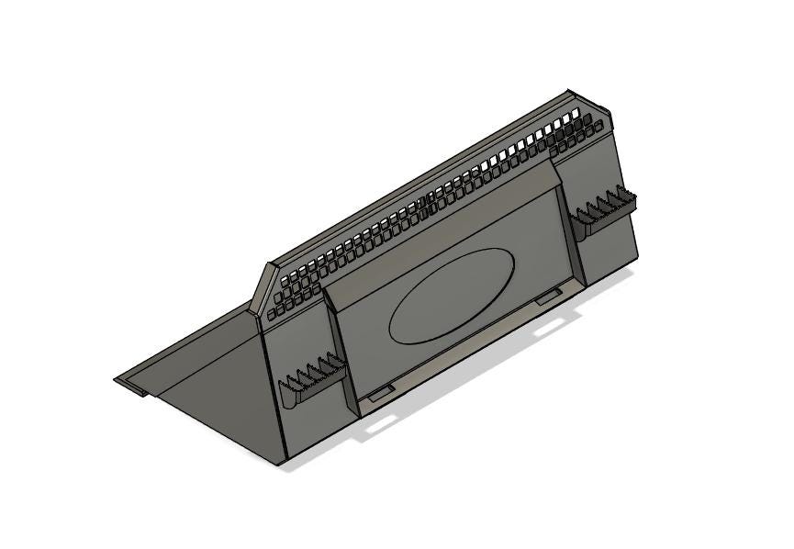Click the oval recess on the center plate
coord(452,296)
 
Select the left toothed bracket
coord(312,381)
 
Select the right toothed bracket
coord(603,210)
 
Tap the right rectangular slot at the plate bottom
coord(548,296)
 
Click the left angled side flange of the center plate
coord(338,349)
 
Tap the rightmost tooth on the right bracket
coord(630,194)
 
